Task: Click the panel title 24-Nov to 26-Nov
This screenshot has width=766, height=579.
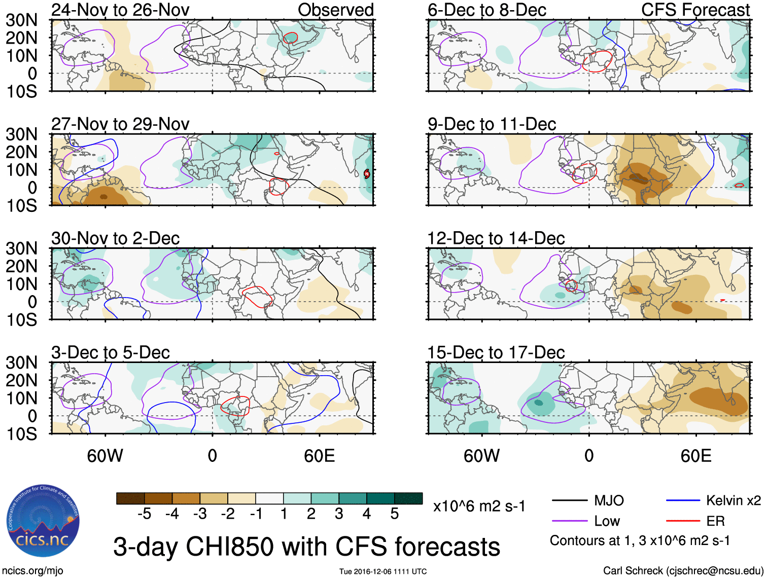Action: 120,10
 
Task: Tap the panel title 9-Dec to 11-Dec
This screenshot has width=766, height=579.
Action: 492,124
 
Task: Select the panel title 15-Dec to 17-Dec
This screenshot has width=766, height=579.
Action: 496,352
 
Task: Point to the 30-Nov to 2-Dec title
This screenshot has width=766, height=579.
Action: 115,238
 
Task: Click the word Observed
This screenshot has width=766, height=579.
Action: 335,10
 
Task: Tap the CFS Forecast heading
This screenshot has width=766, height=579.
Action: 695,10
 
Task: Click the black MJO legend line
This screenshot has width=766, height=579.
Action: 569,501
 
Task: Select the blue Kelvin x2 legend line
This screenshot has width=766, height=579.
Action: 683,501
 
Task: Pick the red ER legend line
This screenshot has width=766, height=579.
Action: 683,521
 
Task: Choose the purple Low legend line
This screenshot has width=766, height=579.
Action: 569,521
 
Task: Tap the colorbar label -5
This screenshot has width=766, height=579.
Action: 144,514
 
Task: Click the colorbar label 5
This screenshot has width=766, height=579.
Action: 395,514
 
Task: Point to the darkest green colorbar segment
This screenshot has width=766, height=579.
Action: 408,498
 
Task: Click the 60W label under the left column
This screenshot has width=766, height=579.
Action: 105,456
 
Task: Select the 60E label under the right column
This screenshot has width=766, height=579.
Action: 695,456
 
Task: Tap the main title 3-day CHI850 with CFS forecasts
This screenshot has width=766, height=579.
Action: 306,547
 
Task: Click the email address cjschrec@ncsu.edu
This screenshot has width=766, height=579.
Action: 714,571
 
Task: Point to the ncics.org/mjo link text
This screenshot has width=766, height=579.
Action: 32,571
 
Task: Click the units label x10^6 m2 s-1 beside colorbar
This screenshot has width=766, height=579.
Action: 479,506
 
